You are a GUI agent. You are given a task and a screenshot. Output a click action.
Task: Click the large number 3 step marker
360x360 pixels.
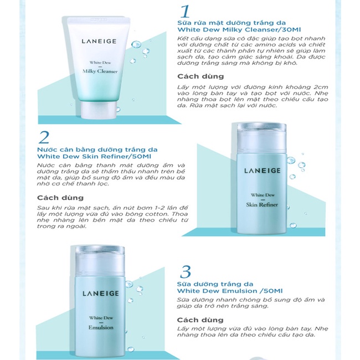coord(186,271)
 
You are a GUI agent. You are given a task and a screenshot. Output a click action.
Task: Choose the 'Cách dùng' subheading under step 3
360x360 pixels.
coord(200,320)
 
